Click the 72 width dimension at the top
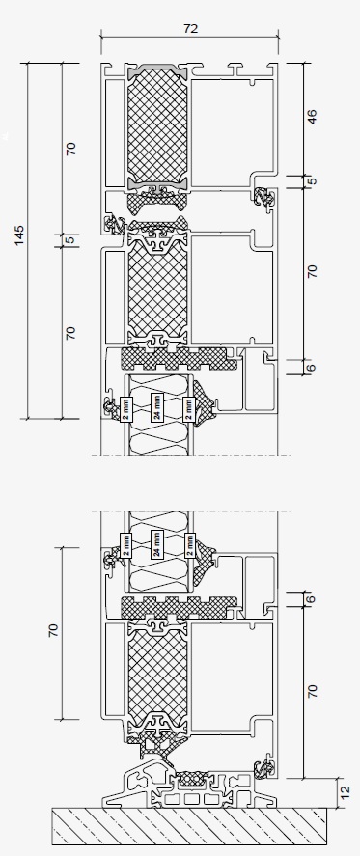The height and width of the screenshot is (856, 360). click(190, 30)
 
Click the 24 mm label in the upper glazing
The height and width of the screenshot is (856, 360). click(156, 409)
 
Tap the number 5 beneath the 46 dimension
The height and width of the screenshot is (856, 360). click(312, 181)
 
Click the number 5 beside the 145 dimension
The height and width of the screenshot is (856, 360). click(69, 239)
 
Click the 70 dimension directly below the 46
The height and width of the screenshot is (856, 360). click(312, 271)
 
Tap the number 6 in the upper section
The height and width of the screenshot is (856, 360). click(312, 366)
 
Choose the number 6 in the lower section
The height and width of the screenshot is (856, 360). click(312, 599)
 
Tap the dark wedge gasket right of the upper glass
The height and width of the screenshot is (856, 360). click(208, 405)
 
